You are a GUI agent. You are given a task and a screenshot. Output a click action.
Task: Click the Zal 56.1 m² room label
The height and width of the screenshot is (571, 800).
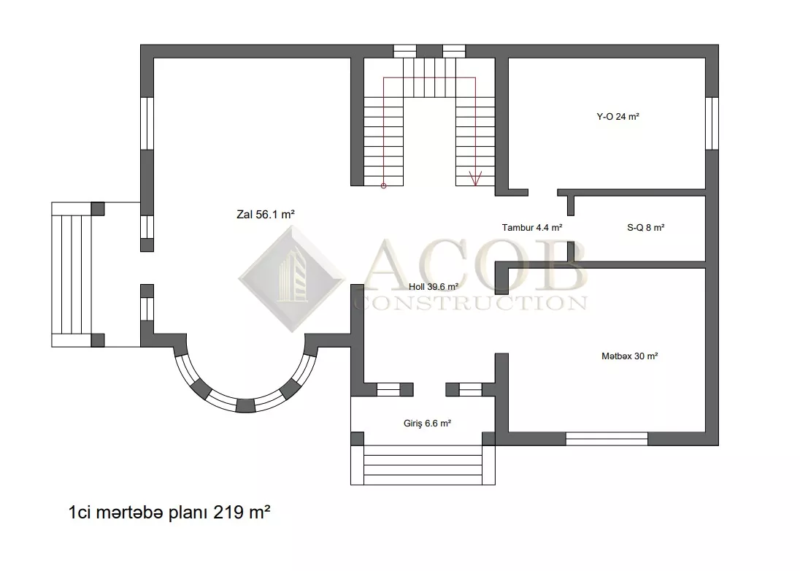pyautogui.click(x=265, y=215)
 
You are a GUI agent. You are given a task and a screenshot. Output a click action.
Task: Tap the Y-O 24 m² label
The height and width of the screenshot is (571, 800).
pyautogui.click(x=618, y=117)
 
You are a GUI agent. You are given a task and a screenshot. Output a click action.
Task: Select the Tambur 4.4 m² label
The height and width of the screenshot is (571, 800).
pyautogui.click(x=531, y=228)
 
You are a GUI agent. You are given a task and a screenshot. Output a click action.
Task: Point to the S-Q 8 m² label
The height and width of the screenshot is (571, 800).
pyautogui.click(x=645, y=228)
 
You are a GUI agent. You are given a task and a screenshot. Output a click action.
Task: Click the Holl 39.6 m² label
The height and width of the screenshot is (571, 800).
pyautogui.click(x=433, y=287)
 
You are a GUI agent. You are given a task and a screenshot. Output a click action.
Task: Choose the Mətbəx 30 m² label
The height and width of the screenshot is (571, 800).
pyautogui.click(x=629, y=356)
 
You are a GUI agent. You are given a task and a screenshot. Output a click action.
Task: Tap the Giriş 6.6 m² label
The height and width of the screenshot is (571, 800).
pyautogui.click(x=427, y=423)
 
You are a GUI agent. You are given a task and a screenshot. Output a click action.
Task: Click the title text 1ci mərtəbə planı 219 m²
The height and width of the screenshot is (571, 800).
pyautogui.click(x=169, y=512)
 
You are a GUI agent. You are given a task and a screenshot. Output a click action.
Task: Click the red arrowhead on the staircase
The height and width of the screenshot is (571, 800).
pyautogui.click(x=475, y=179)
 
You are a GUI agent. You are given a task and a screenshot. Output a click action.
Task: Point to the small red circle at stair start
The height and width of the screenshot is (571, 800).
pyautogui.click(x=384, y=185)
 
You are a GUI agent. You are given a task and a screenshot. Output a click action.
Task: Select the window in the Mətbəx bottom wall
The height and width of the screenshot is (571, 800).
pyautogui.click(x=607, y=439)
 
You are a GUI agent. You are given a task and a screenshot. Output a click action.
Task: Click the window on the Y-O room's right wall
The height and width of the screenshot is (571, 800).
pyautogui.click(x=712, y=123)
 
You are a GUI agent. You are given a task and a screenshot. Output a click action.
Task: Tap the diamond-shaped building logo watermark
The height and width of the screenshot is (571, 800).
pyautogui.click(x=291, y=279)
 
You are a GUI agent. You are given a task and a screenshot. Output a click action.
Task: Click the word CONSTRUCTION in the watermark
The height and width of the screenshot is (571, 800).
pyautogui.click(x=470, y=303)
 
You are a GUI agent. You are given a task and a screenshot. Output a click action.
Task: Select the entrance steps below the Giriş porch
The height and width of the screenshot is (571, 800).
pyautogui.click(x=423, y=465)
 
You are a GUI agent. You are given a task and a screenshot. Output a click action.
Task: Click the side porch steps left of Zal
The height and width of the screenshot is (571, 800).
pyautogui.click(x=72, y=275)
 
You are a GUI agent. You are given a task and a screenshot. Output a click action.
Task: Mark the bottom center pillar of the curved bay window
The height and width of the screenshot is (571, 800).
pyautogui.click(x=245, y=406)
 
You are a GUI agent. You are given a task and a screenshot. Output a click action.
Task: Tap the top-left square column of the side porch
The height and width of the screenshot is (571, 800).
pyautogui.click(x=98, y=209)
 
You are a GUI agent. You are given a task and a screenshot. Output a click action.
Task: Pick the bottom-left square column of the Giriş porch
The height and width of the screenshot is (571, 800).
pyautogui.click(x=357, y=439)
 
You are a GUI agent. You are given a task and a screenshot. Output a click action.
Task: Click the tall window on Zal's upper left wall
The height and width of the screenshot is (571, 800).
pyautogui.click(x=147, y=123)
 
